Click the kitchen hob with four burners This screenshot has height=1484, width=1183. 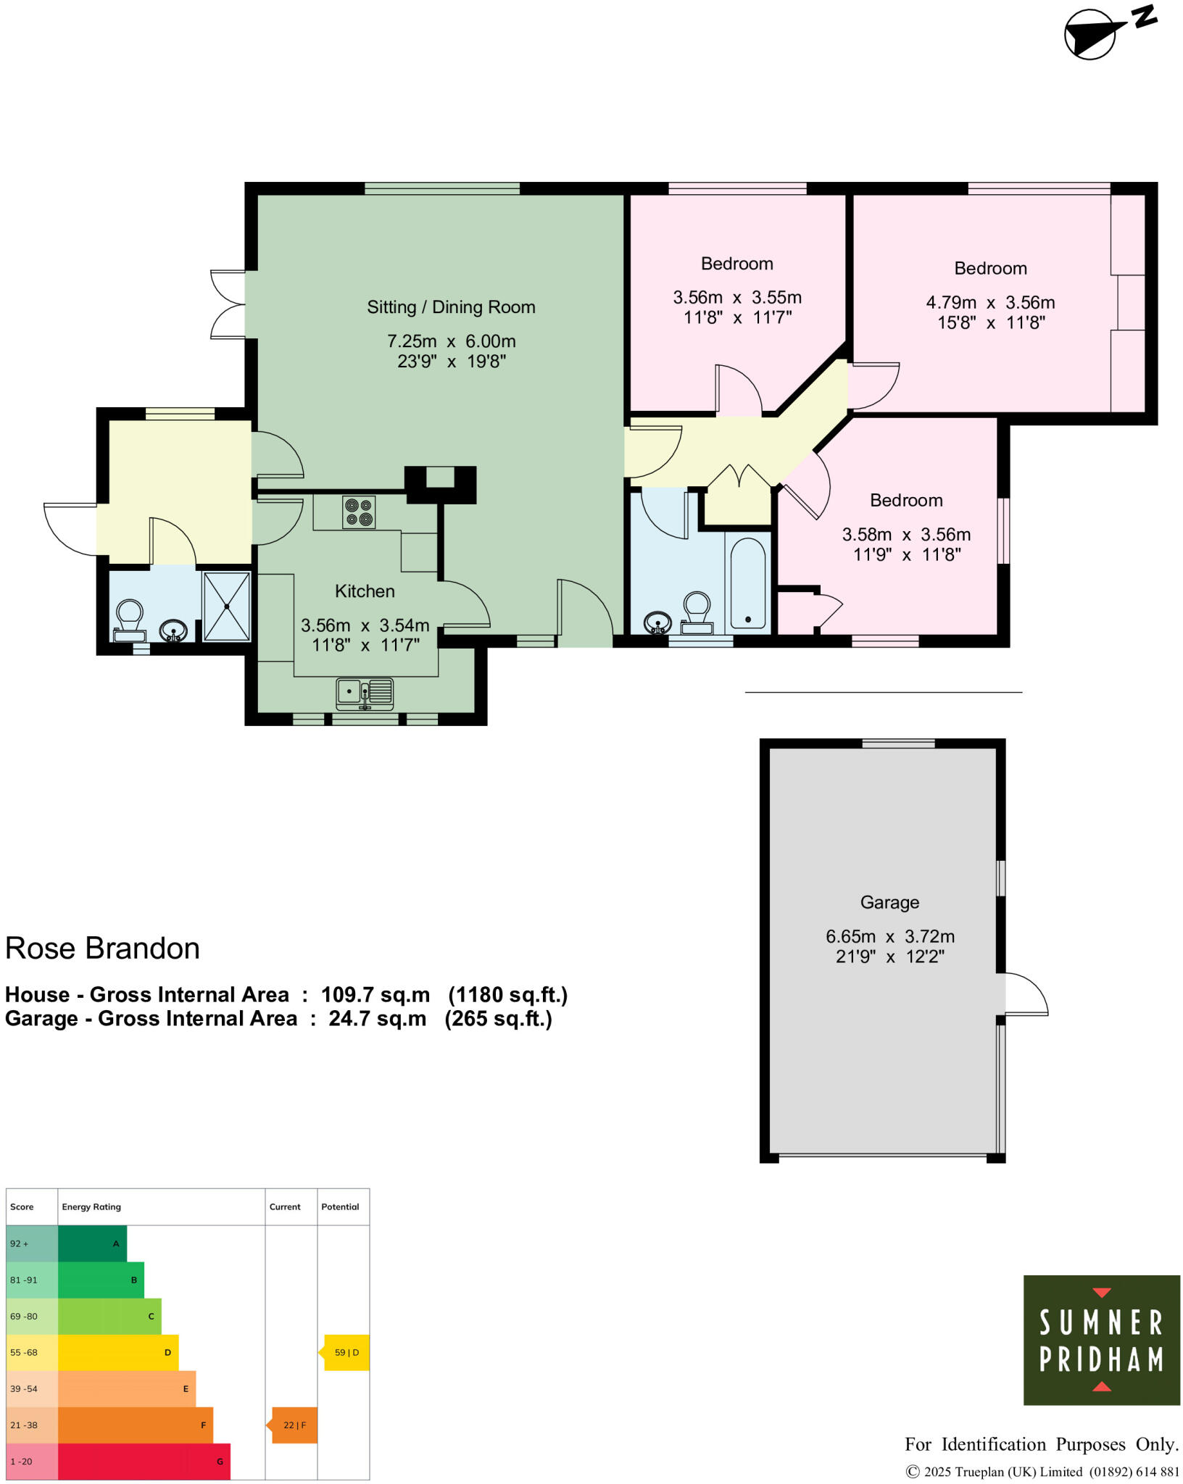tap(359, 512)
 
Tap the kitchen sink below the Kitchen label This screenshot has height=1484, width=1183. tap(365, 693)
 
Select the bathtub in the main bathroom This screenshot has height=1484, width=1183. tap(747, 584)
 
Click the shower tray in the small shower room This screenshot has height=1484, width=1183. tap(227, 606)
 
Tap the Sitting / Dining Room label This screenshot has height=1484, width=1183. tap(451, 307)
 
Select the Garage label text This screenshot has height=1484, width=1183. tap(889, 902)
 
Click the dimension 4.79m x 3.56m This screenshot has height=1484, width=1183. tap(990, 302)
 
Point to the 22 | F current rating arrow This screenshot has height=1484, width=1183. tap(294, 1425)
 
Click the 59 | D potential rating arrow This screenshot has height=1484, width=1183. tap(346, 1352)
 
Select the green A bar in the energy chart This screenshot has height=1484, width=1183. tap(91, 1243)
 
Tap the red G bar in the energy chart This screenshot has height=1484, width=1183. tap(144, 1461)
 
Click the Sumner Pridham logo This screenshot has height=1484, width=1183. tap(1101, 1340)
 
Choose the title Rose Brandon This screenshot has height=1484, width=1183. tap(102, 949)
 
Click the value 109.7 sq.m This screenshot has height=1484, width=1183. tap(375, 994)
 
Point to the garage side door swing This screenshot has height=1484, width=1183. tap(1025, 994)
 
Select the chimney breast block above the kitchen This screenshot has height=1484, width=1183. tap(440, 483)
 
